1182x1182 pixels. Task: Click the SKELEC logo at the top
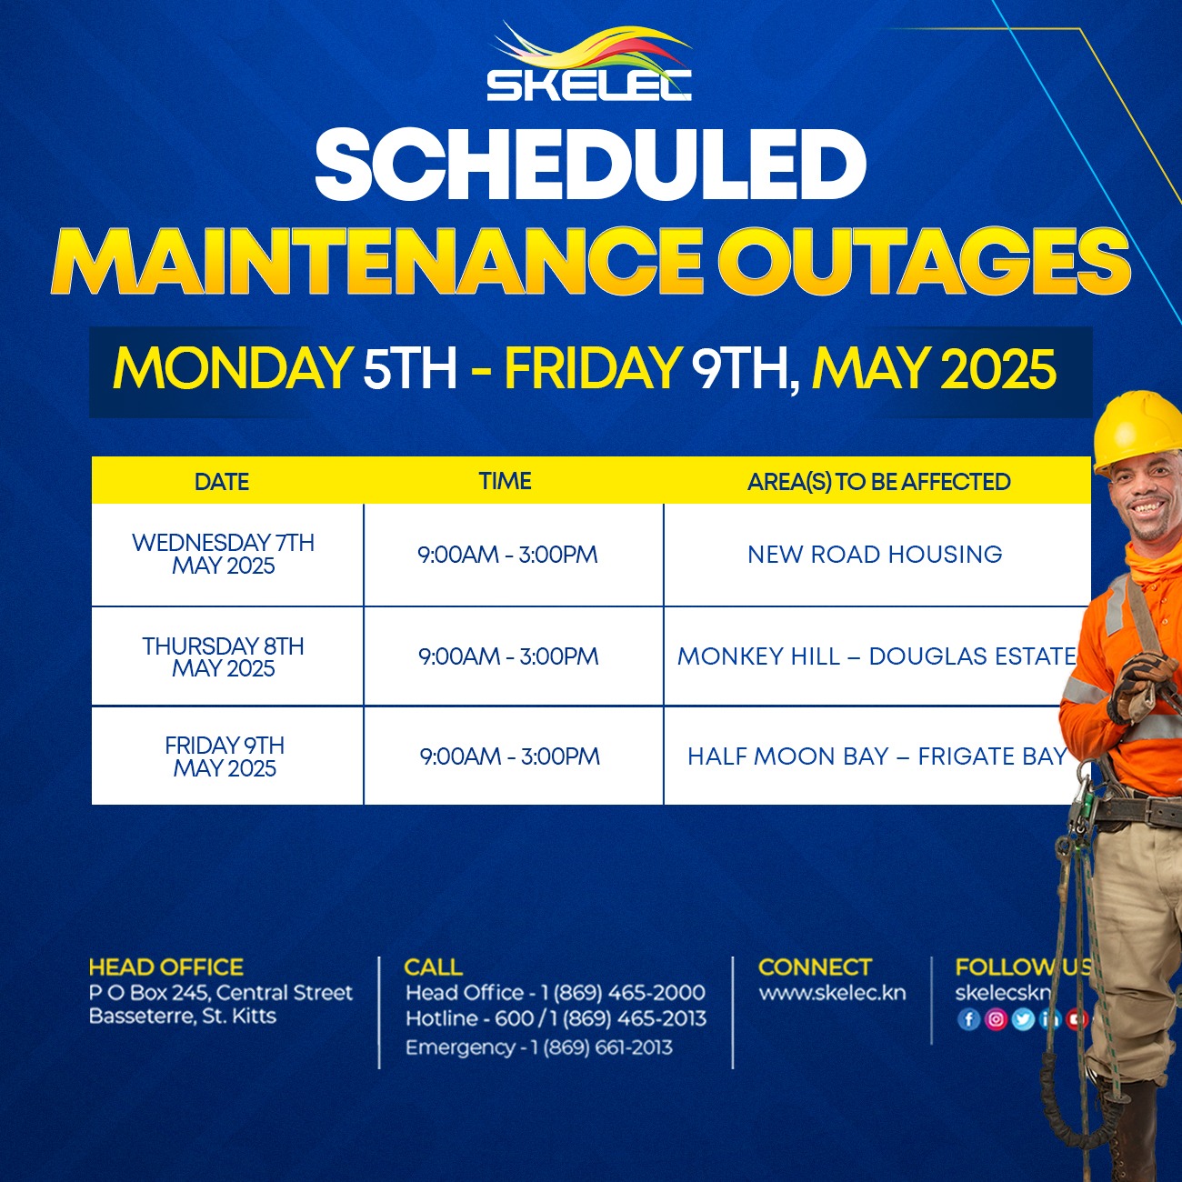click(589, 61)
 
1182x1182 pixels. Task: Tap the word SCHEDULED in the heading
click(590, 165)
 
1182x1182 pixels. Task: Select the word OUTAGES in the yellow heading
click(924, 262)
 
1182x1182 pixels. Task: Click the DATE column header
click(222, 482)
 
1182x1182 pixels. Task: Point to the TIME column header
click(505, 481)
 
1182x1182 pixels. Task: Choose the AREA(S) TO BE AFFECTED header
click(878, 482)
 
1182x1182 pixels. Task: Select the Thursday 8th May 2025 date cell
click(223, 657)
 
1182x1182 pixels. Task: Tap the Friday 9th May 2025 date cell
click(225, 756)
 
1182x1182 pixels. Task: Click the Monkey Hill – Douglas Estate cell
click(876, 656)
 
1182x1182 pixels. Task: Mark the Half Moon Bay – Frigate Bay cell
click(877, 756)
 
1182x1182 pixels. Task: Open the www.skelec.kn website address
click(832, 993)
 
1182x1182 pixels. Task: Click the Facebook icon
click(968, 1019)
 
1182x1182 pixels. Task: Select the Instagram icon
click(996, 1019)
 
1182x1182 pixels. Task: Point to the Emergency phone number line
click(539, 1047)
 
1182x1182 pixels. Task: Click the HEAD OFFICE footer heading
click(166, 967)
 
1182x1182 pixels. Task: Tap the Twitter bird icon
click(1023, 1019)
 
